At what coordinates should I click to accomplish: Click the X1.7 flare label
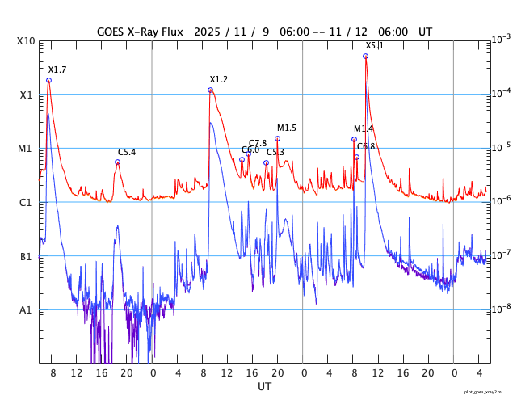coord(57,70)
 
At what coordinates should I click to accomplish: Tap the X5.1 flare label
coord(374,46)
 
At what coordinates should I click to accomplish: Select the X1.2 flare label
coord(218,79)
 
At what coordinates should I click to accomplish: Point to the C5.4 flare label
coord(127,152)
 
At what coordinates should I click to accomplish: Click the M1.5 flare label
coord(287,128)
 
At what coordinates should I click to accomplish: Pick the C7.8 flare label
coord(258,143)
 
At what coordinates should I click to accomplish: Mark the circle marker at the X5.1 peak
coord(365,56)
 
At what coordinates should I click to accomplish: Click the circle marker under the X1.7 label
coord(48,80)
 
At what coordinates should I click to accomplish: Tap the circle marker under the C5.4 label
coord(117,162)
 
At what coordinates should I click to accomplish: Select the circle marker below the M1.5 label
coord(277,138)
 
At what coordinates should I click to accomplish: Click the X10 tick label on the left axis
coord(26,41)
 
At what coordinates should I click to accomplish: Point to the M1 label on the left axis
coord(25,149)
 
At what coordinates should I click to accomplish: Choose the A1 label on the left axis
coord(26,310)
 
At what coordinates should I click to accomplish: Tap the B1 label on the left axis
coord(26,257)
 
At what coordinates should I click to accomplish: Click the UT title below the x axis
coord(264,387)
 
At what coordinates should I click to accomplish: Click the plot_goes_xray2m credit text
coord(488,392)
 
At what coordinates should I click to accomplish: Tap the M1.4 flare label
coord(364,128)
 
